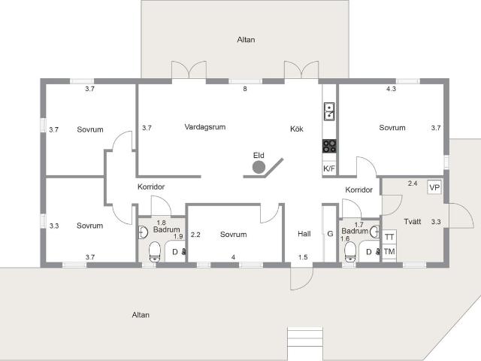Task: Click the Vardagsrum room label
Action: pos(205,127)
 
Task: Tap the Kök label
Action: pos(297,129)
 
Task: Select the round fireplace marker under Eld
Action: pos(259,167)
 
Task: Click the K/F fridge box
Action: pos(329,168)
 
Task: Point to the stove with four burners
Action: pos(329,146)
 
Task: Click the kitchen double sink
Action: pos(329,111)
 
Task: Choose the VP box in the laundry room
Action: pos(434,187)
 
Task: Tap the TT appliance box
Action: pos(389,237)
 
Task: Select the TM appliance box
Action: pos(389,252)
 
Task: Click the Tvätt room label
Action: pos(413,222)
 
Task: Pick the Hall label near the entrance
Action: pos(304,234)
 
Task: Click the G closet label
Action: pos(330,234)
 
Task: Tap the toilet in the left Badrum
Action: pos(155,252)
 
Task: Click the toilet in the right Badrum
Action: pos(349,252)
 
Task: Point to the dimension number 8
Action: pos(245,89)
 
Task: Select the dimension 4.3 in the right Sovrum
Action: pos(391,89)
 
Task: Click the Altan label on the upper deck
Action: pos(246,40)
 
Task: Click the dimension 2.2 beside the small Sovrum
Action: pos(195,235)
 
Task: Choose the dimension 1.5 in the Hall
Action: pos(303,257)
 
